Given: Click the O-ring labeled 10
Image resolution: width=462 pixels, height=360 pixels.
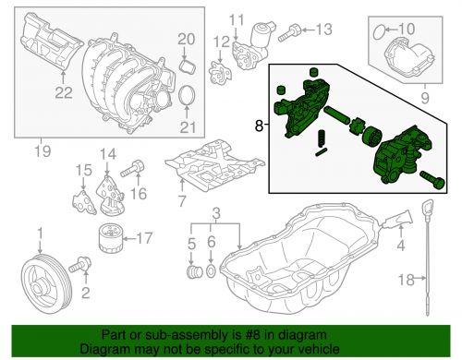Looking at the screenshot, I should tap(378, 33).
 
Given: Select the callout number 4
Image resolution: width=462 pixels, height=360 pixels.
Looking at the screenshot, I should tap(401, 246).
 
